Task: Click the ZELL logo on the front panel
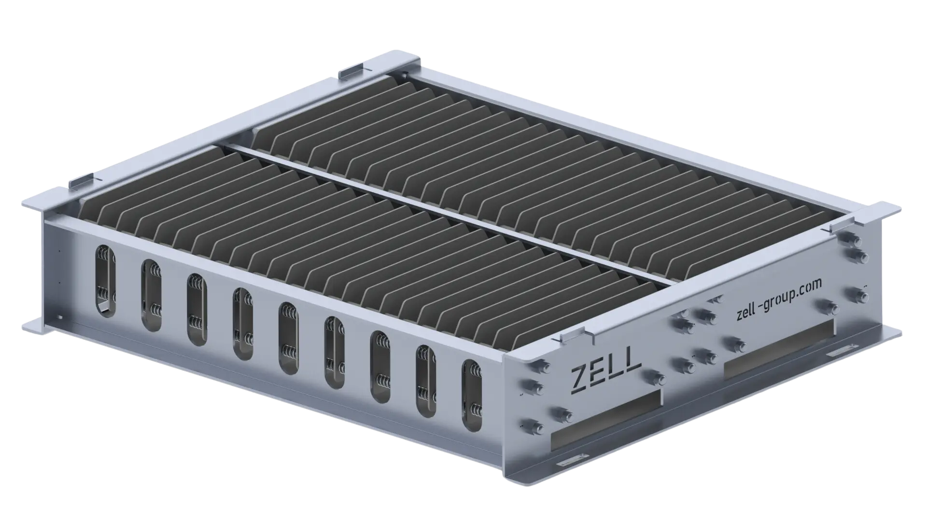coord(606,371)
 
